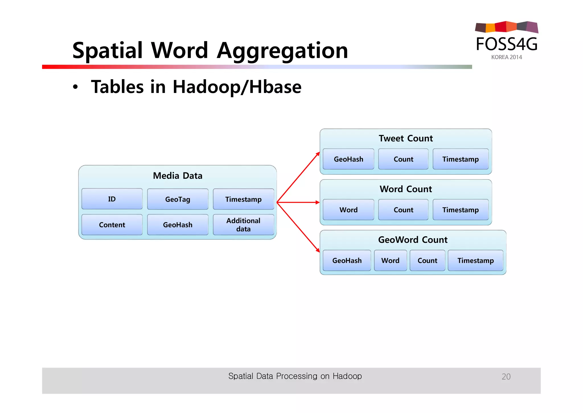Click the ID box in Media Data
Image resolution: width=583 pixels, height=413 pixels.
pos(112,199)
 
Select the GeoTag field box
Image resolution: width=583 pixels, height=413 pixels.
pos(178,199)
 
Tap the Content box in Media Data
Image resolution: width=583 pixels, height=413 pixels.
pos(112,225)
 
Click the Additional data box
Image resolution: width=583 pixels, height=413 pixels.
pos(243,225)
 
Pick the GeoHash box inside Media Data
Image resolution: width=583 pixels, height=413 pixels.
pos(178,225)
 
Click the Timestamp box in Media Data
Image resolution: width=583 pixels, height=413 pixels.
pos(243,199)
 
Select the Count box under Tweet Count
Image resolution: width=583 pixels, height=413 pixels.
pos(403,159)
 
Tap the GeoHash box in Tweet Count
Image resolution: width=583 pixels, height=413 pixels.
pos(348,159)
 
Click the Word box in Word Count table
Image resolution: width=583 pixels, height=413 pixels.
pos(348,210)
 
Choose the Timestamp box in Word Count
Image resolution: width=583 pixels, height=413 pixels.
pos(460,210)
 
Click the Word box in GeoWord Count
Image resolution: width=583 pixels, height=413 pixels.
pos(390,261)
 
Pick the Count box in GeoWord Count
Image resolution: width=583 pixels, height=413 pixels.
pos(427,261)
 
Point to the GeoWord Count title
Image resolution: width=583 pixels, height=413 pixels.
pos(413,240)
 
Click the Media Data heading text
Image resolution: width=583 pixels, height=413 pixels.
pos(178,176)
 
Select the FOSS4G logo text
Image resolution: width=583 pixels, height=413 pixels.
pos(507,44)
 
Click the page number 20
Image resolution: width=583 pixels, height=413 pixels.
pos(506,377)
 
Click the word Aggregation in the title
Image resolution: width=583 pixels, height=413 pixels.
pos(282,50)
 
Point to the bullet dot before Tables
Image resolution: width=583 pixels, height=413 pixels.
pos(75,87)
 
